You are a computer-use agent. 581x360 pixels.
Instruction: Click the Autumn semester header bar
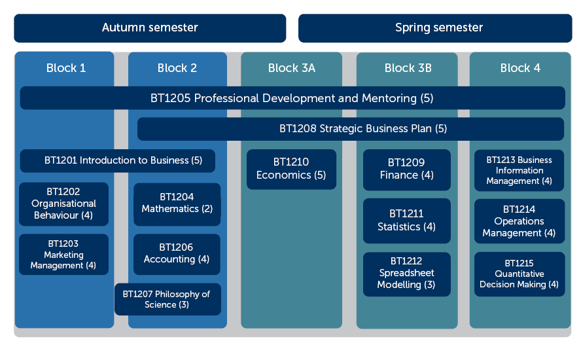[150, 28]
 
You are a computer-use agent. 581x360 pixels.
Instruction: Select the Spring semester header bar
[435, 28]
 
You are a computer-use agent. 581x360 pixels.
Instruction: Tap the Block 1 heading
[66, 68]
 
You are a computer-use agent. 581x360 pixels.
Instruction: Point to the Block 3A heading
[292, 68]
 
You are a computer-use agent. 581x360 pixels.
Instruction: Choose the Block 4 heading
[520, 68]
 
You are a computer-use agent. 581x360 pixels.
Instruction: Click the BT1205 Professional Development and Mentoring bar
[292, 98]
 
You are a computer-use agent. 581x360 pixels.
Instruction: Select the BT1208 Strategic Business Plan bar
[351, 129]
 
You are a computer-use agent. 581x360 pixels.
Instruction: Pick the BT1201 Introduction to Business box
[118, 160]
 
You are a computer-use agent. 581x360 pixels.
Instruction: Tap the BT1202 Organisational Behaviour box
[63, 204]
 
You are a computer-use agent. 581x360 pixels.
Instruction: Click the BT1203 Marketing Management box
[63, 255]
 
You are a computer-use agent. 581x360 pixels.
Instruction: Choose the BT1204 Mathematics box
[177, 204]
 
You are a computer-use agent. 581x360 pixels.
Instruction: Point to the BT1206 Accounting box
[177, 255]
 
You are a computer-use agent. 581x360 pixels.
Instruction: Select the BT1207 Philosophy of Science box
[168, 299]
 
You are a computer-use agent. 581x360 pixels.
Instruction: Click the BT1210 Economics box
[292, 170]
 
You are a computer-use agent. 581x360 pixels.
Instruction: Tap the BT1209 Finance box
[407, 170]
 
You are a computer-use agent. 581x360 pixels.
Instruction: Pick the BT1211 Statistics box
[407, 221]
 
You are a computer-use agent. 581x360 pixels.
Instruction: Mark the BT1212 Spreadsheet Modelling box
[407, 274]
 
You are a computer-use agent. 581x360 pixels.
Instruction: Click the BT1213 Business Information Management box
[519, 171]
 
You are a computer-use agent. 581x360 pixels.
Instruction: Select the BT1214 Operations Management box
[519, 221]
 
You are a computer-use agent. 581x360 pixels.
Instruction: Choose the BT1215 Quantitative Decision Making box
[519, 274]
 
